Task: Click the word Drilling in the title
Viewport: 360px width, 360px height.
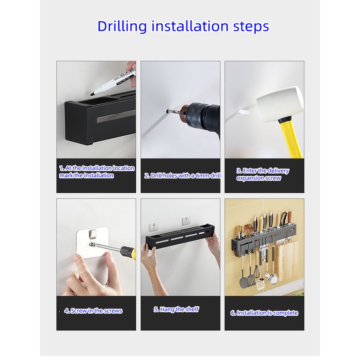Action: point(122,26)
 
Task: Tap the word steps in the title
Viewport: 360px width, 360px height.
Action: point(251,26)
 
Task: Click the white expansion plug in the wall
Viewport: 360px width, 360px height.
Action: point(243,112)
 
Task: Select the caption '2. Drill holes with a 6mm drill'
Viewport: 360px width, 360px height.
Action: point(182,175)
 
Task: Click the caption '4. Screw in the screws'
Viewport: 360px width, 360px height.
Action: point(93,311)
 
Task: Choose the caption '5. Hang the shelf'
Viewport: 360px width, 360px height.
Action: point(176,309)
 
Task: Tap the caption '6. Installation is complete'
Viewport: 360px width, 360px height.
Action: point(264,313)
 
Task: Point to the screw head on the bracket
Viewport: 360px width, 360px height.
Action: point(92,244)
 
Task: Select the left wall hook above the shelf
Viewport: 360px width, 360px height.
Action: point(154,227)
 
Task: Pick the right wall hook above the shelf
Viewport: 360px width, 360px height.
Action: point(186,222)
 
